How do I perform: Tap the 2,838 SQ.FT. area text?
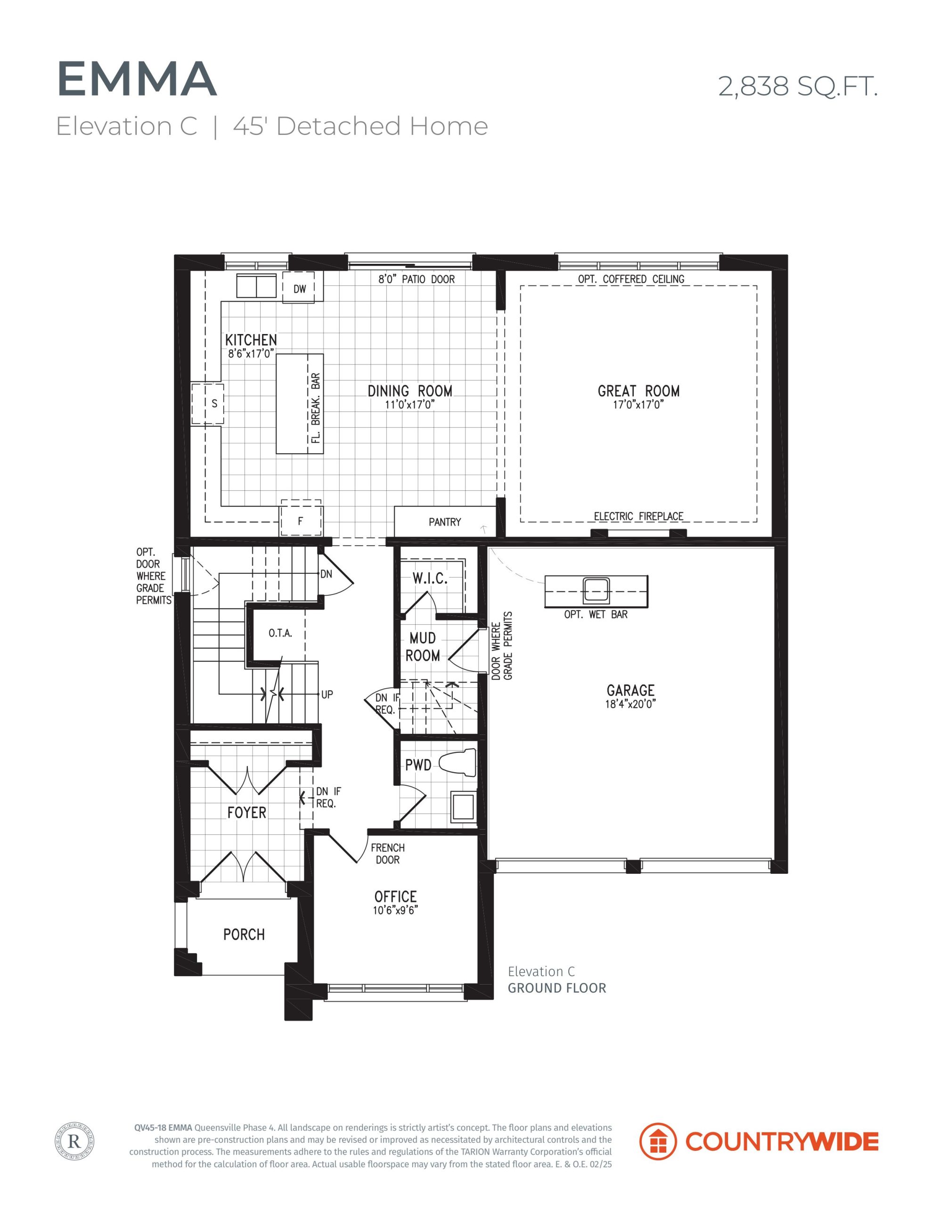[x=798, y=86]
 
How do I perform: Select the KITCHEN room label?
[x=251, y=340]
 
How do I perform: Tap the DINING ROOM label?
[x=410, y=391]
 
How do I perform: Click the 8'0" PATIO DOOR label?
[x=417, y=279]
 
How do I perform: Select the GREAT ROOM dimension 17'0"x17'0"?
[x=638, y=405]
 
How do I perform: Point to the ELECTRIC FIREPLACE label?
[x=638, y=516]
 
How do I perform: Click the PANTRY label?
[x=445, y=522]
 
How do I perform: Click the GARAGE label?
[x=630, y=690]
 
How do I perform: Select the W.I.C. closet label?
[x=430, y=579]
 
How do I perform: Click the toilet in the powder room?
[x=458, y=764]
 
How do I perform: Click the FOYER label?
[x=246, y=812]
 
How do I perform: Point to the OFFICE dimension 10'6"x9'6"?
[x=396, y=910]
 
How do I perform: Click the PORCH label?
[x=244, y=934]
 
